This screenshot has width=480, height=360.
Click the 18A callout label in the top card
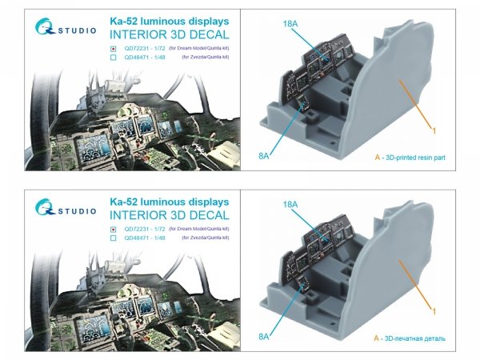pyautogui.click(x=312, y=25)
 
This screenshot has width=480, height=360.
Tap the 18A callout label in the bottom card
pyautogui.click(x=312, y=205)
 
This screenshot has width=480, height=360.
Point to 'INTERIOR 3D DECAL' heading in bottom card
pyautogui.click(x=168, y=214)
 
